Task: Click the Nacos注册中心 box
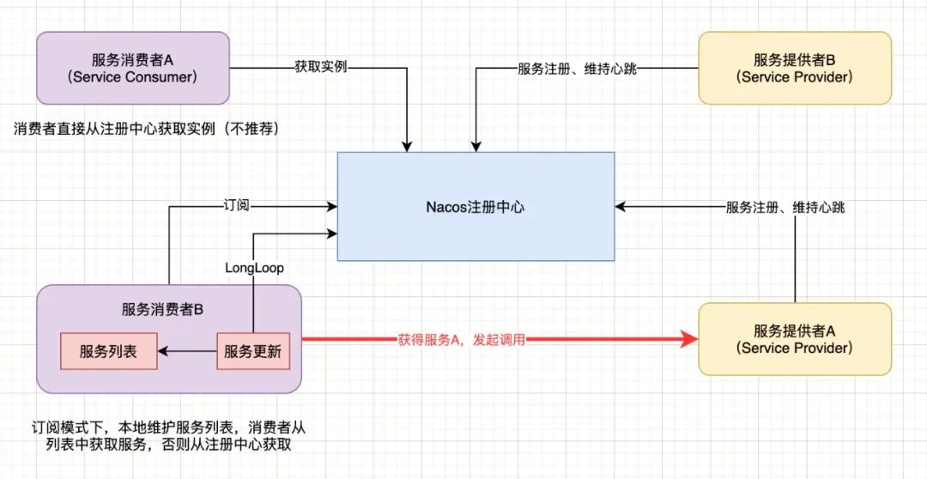pyautogui.click(x=476, y=206)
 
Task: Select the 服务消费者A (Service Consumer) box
pyautogui.click(x=133, y=68)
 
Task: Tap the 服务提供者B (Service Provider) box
pyautogui.click(x=795, y=68)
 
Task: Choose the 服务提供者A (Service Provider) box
pyautogui.click(x=795, y=339)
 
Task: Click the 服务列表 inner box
pyautogui.click(x=108, y=351)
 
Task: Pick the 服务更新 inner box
pyautogui.click(x=253, y=351)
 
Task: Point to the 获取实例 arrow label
pyautogui.click(x=320, y=67)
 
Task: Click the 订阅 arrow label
pyautogui.click(x=234, y=206)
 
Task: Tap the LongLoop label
pyautogui.click(x=254, y=268)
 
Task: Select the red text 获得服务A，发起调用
pyautogui.click(x=461, y=340)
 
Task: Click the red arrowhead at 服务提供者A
pyautogui.click(x=690, y=340)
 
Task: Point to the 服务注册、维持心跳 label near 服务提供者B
pyautogui.click(x=577, y=67)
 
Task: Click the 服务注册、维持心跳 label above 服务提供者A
pyautogui.click(x=785, y=207)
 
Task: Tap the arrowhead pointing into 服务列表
pyautogui.click(x=165, y=351)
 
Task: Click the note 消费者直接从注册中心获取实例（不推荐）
pyautogui.click(x=147, y=128)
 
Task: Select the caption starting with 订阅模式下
pyautogui.click(x=170, y=434)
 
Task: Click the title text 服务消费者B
pyautogui.click(x=168, y=309)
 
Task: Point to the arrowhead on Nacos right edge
pyautogui.click(x=621, y=206)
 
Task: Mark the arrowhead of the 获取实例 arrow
pyautogui.click(x=410, y=147)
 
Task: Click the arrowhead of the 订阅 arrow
pyautogui.click(x=331, y=206)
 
